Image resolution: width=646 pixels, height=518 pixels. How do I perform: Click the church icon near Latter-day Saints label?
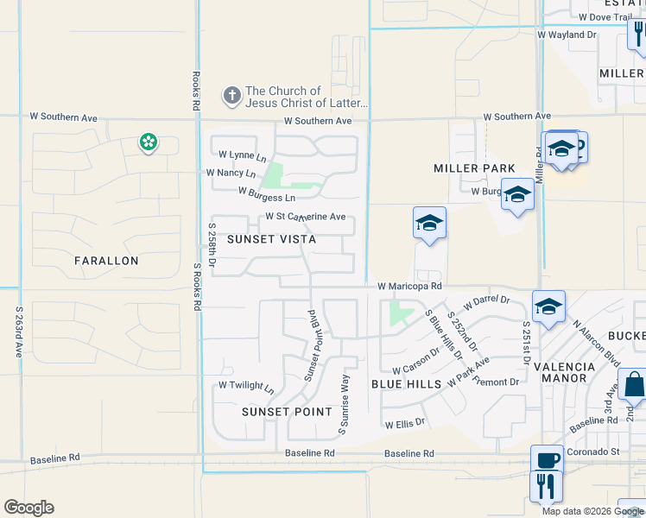pos(231,95)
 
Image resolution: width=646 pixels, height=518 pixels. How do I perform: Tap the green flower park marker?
pos(149,142)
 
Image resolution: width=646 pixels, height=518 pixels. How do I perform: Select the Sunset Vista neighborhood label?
pos(271,239)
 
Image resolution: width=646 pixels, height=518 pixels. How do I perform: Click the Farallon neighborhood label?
pos(106,260)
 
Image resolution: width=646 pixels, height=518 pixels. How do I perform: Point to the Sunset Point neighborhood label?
pos(287,412)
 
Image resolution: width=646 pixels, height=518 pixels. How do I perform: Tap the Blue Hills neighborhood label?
pos(406,383)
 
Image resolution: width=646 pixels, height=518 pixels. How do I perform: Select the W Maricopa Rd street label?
pos(409,286)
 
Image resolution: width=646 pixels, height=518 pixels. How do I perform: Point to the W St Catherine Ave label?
pos(305,217)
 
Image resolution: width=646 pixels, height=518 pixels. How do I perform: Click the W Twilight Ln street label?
pos(245,385)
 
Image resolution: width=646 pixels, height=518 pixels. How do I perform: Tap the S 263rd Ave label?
pos(18,332)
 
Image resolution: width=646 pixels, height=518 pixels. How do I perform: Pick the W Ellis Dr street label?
pos(405,424)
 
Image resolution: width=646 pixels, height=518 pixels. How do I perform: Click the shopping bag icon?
pos(634,384)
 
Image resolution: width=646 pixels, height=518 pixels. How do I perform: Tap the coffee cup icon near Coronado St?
pos(548,458)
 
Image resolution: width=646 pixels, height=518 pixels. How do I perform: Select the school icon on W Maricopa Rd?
pos(548,306)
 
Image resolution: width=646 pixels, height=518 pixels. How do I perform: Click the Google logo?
pos(28,508)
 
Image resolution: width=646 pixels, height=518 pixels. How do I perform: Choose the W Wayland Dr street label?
pos(567,35)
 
